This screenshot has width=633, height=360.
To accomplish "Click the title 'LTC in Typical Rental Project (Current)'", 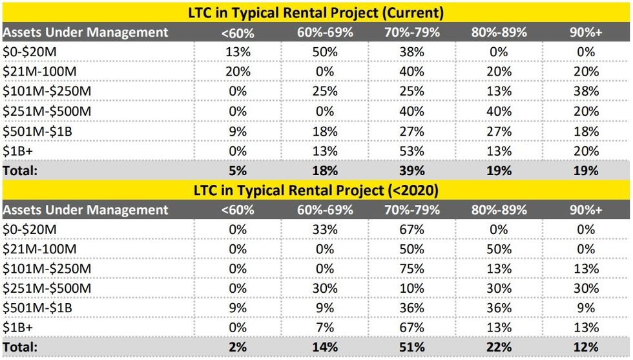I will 316,12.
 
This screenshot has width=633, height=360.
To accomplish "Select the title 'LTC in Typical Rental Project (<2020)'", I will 316,190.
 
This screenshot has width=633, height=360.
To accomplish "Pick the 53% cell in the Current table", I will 412,151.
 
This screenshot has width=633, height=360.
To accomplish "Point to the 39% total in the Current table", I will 412,171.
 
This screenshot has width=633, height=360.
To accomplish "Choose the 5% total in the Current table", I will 238,171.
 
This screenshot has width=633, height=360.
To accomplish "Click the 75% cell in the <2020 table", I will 412,269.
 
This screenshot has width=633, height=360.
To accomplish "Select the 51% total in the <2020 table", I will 412,348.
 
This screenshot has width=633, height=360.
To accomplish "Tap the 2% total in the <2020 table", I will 238,348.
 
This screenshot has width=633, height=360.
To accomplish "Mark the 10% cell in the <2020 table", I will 412,288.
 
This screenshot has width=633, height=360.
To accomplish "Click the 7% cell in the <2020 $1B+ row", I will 325,328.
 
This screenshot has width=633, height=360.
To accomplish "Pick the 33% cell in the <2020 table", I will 325,229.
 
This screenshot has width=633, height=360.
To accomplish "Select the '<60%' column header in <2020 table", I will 238,210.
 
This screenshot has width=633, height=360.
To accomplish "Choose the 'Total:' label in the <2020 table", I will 21,348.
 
